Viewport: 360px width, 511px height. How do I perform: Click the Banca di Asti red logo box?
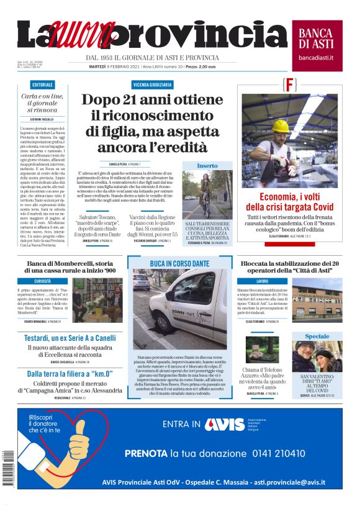(x=317, y=41)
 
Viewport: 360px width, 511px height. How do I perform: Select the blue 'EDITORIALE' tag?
(x=42, y=84)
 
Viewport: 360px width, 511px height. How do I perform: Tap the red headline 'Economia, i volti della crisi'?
(x=289, y=201)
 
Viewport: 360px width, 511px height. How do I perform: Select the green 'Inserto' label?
(x=207, y=166)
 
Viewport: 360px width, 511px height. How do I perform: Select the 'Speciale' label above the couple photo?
(x=317, y=336)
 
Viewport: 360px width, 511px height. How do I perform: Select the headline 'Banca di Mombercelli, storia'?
(x=70, y=266)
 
